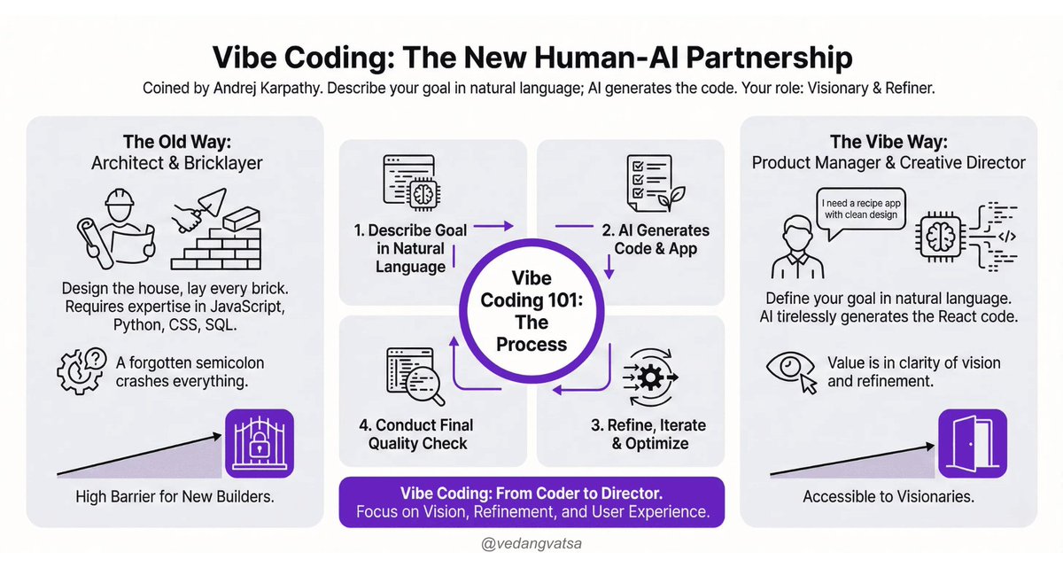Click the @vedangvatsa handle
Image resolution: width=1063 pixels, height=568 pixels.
tap(531, 541)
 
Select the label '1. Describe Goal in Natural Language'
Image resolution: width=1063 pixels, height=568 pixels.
tap(410, 248)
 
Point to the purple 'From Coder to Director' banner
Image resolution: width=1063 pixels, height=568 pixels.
tap(531, 502)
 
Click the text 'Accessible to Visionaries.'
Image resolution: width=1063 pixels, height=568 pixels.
tap(888, 496)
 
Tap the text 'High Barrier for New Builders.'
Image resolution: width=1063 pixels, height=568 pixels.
tap(175, 496)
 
